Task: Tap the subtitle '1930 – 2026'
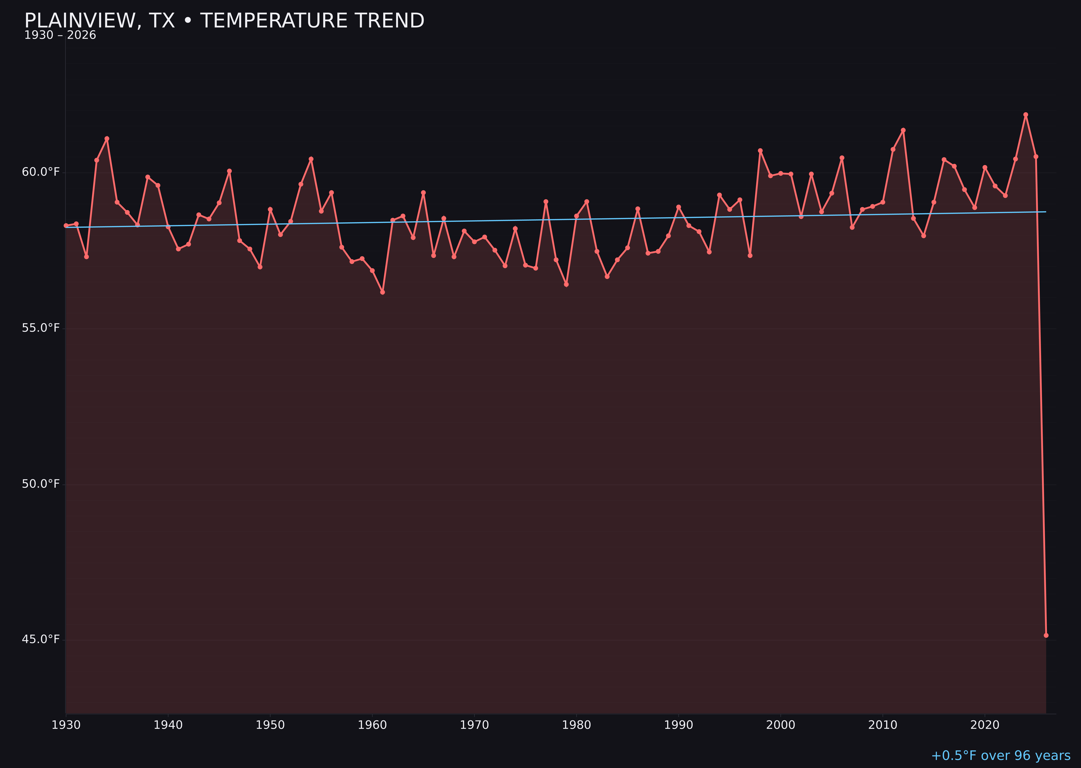tap(60, 35)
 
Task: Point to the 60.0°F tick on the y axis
tap(41, 172)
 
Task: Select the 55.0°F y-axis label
tap(41, 328)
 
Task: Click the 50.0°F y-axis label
tap(41, 484)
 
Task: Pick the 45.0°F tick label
tap(41, 639)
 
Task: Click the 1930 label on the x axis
tap(66, 725)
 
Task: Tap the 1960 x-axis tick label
tap(372, 725)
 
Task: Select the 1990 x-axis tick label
tap(678, 725)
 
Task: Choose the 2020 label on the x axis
tap(985, 725)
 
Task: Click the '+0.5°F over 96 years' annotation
tap(1000, 756)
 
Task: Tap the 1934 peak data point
tap(107, 139)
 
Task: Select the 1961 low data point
tap(382, 292)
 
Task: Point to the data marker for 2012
tap(903, 130)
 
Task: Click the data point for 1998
tap(760, 151)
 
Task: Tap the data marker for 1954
tap(311, 159)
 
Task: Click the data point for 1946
tap(229, 171)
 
